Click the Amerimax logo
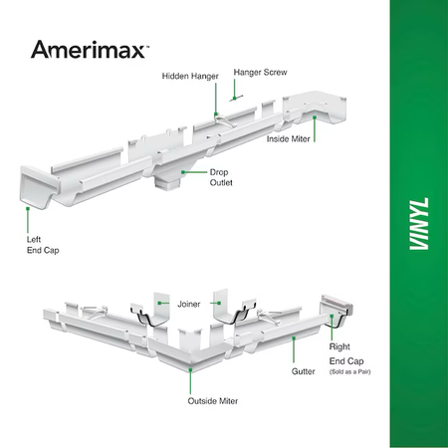click(90, 50)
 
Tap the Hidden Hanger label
click(190, 77)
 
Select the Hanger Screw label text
click(260, 73)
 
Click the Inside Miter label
click(288, 138)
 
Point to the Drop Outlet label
click(221, 177)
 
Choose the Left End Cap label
click(43, 245)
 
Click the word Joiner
click(189, 304)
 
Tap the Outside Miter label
click(213, 401)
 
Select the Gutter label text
click(303, 371)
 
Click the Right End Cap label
click(346, 353)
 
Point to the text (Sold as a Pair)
click(349, 372)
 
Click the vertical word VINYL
click(419, 224)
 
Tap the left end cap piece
click(37, 186)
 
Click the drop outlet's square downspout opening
click(167, 183)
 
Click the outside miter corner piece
click(191, 352)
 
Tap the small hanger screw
click(236, 98)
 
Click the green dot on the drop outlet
click(183, 172)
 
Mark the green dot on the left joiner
click(159, 303)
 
